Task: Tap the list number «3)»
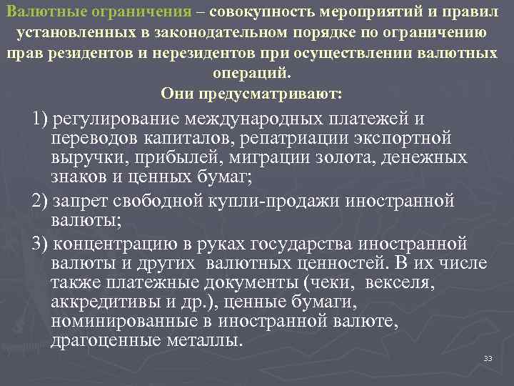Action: coord(41,243)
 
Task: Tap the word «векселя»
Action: coord(397,282)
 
